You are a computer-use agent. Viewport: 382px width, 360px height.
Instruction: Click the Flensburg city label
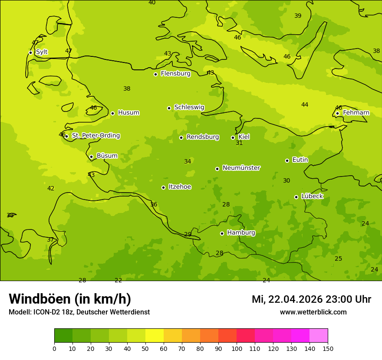pyautogui.click(x=175, y=74)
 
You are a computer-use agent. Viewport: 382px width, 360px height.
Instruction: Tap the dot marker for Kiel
pyautogui.click(x=233, y=137)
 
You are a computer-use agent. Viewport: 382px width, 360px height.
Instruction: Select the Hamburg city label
pyautogui.click(x=241, y=233)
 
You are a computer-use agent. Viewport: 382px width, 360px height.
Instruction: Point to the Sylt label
pyautogui.click(x=42, y=52)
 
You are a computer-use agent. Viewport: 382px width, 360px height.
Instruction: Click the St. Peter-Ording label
pyautogui.click(x=95, y=136)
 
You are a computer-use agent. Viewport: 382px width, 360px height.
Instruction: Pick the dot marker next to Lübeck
pyautogui.click(x=296, y=197)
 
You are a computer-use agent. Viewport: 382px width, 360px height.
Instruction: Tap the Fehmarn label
pyautogui.click(x=356, y=113)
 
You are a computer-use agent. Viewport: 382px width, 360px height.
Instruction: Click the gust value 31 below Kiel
pyautogui.click(x=239, y=143)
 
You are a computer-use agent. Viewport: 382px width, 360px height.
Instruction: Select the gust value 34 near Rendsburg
pyautogui.click(x=188, y=162)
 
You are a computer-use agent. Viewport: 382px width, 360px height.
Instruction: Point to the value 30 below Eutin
pyautogui.click(x=286, y=181)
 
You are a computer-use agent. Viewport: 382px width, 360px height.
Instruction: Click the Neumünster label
pyautogui.click(x=241, y=168)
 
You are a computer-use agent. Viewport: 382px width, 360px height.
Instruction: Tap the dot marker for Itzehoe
pyautogui.click(x=163, y=187)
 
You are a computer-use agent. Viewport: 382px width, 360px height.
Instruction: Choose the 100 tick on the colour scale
pyautogui.click(x=237, y=348)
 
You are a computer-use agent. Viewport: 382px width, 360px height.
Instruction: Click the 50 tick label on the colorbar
pyautogui.click(x=145, y=348)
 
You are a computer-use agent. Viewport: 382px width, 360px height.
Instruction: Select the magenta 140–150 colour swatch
pyautogui.click(x=319, y=336)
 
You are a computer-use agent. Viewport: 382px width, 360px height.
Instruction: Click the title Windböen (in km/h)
pyautogui.click(x=70, y=299)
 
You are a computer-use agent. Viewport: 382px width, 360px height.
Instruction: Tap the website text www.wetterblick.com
pyautogui.click(x=313, y=312)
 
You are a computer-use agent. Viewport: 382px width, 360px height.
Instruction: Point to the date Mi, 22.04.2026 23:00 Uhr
pyautogui.click(x=311, y=299)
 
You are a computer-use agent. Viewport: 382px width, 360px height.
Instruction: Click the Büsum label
pyautogui.click(x=107, y=156)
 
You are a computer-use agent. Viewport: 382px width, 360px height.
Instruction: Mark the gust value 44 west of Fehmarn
pyautogui.click(x=305, y=105)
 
